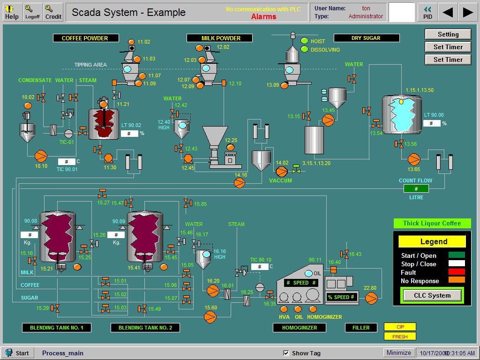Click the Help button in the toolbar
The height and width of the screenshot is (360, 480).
[x=12, y=12]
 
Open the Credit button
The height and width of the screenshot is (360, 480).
[x=53, y=12]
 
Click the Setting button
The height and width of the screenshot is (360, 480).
[x=448, y=34]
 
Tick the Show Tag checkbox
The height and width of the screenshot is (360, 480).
[x=286, y=353]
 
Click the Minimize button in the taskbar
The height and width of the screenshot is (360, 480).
[x=399, y=352]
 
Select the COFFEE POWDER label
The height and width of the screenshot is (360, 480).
[x=85, y=38]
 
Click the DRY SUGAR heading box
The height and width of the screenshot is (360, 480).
[x=366, y=38]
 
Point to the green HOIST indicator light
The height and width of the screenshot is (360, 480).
[x=305, y=41]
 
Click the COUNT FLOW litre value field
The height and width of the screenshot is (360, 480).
[x=416, y=188]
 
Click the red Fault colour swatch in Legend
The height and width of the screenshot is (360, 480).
[x=456, y=272]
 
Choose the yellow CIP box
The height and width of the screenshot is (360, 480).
[x=400, y=327]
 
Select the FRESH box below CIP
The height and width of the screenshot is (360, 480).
[x=400, y=336]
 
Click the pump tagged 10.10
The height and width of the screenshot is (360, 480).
[x=41, y=155]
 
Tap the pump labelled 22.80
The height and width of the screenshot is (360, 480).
[x=371, y=298]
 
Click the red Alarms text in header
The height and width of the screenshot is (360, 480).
[x=263, y=17]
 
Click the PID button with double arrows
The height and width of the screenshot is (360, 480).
[x=427, y=12]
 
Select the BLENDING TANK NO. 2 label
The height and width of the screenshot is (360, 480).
[x=145, y=328]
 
